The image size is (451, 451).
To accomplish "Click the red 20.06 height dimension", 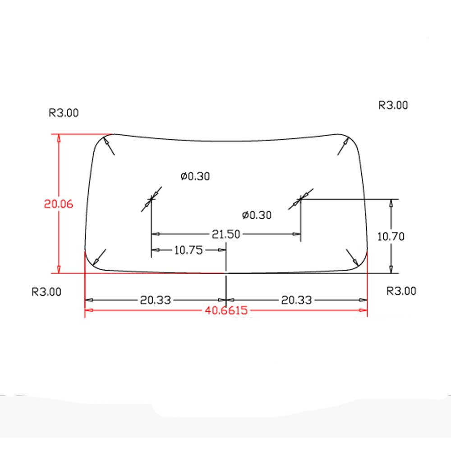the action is point(58,204).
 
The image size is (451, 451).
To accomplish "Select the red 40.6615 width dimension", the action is point(226,310).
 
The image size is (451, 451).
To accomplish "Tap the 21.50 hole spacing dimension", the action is point(226,234).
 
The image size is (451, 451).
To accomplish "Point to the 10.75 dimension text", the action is point(189,250).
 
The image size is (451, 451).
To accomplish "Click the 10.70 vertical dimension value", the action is point(391,236).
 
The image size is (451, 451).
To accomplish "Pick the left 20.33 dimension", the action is point(155,300).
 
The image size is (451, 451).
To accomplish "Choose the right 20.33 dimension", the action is point(296,300).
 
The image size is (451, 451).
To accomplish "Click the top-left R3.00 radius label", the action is point(64,113).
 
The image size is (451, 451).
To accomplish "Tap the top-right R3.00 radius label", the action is point(393,105).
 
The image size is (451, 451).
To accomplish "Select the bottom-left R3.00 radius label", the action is point(46,292).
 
